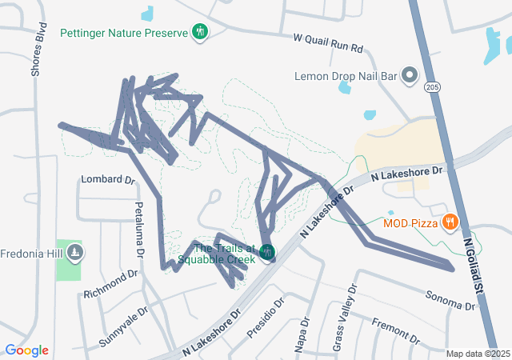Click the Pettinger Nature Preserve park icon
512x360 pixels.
200,32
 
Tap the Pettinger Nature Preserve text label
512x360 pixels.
123,33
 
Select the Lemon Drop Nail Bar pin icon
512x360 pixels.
410,76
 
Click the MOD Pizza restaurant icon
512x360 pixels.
450,222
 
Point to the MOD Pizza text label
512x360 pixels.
410,222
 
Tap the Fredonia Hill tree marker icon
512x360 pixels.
74,253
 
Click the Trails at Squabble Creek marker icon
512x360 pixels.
267,253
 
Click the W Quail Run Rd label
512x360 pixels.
328,43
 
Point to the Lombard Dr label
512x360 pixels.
108,180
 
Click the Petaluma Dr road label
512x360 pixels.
139,230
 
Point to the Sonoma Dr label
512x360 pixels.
450,300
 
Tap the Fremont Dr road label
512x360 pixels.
397,330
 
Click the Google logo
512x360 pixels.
26,350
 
